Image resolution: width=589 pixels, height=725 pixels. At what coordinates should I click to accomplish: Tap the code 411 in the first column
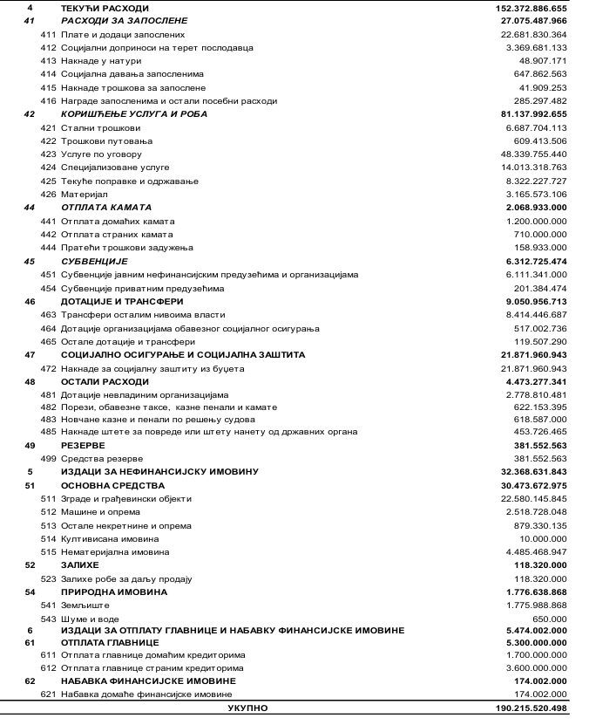pos(48,34)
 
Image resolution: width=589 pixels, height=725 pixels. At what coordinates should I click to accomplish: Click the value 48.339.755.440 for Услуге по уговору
pos(530,154)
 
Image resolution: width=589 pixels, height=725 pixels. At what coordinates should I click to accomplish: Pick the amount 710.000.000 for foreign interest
pos(541,235)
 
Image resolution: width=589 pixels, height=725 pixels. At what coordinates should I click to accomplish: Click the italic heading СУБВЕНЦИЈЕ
pos(94,261)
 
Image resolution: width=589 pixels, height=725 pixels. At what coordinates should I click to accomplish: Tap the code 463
pos(48,315)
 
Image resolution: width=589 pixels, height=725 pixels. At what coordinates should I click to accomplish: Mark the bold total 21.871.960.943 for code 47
pos(529,355)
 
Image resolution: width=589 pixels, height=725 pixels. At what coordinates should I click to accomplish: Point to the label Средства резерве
pos(102,458)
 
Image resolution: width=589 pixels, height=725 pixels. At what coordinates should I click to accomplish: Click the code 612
pos(48,667)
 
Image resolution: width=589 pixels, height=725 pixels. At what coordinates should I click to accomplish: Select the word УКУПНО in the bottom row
pos(247,708)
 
